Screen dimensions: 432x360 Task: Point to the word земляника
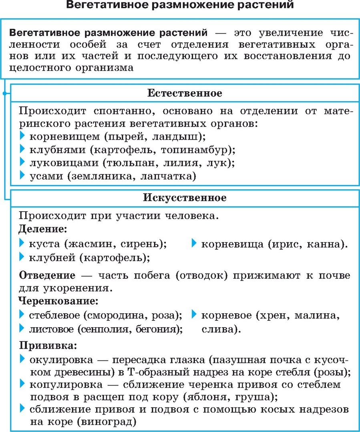click(100, 176)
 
